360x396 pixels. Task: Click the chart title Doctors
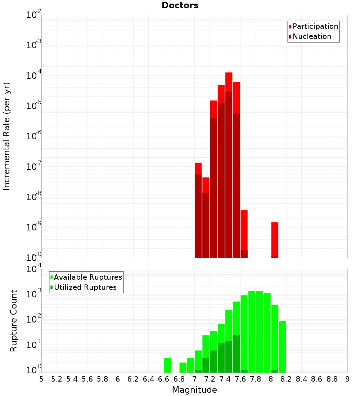[x=180, y=5]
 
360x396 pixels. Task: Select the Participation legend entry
[x=315, y=26]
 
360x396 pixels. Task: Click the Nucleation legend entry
[x=312, y=36]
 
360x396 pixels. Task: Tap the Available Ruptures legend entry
[x=88, y=277]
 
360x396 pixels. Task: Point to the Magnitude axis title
[x=194, y=390]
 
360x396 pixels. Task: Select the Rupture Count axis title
[x=14, y=321]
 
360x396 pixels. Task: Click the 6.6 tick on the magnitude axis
[x=164, y=379]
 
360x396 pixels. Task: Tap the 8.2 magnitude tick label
[x=286, y=379]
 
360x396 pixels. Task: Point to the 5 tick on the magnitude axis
[x=41, y=379]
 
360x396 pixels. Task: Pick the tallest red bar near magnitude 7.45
[x=229, y=144]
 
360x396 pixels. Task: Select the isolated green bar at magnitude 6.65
[x=167, y=365]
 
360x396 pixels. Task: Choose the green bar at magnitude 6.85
[x=183, y=367]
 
